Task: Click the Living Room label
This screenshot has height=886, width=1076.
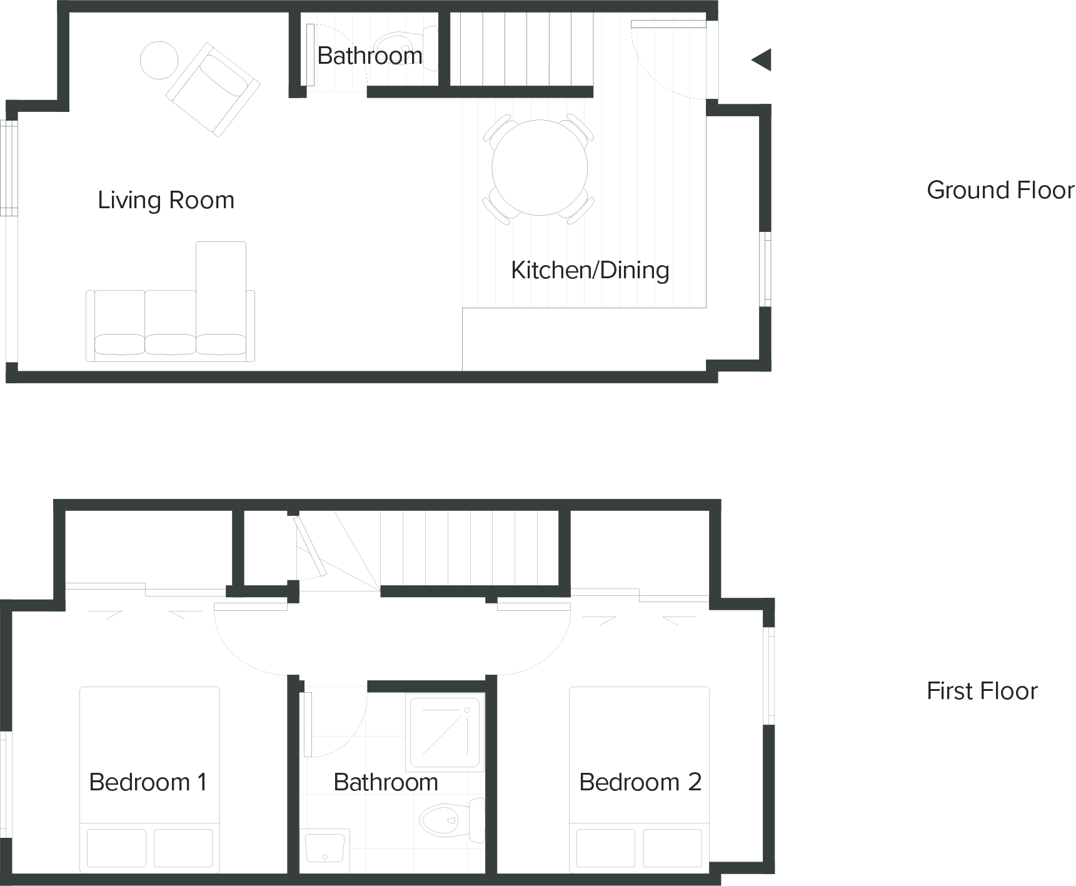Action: [x=166, y=200]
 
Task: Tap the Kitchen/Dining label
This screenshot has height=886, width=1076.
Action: [x=590, y=270]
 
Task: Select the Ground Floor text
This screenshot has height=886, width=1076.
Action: [x=1000, y=190]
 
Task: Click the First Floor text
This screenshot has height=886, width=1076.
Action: [x=982, y=691]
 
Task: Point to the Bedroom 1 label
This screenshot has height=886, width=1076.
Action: [x=148, y=782]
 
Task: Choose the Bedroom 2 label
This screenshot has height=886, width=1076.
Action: [x=640, y=782]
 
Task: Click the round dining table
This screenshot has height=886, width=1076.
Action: [x=540, y=168]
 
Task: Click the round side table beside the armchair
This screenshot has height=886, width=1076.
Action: [x=159, y=60]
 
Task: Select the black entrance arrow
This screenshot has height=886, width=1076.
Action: [x=762, y=60]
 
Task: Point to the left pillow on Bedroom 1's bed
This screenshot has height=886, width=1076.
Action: [x=116, y=847]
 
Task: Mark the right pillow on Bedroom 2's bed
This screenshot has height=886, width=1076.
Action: [x=672, y=847]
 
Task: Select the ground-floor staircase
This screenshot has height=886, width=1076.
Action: [x=521, y=49]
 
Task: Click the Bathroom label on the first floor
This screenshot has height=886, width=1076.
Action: [x=386, y=782]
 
